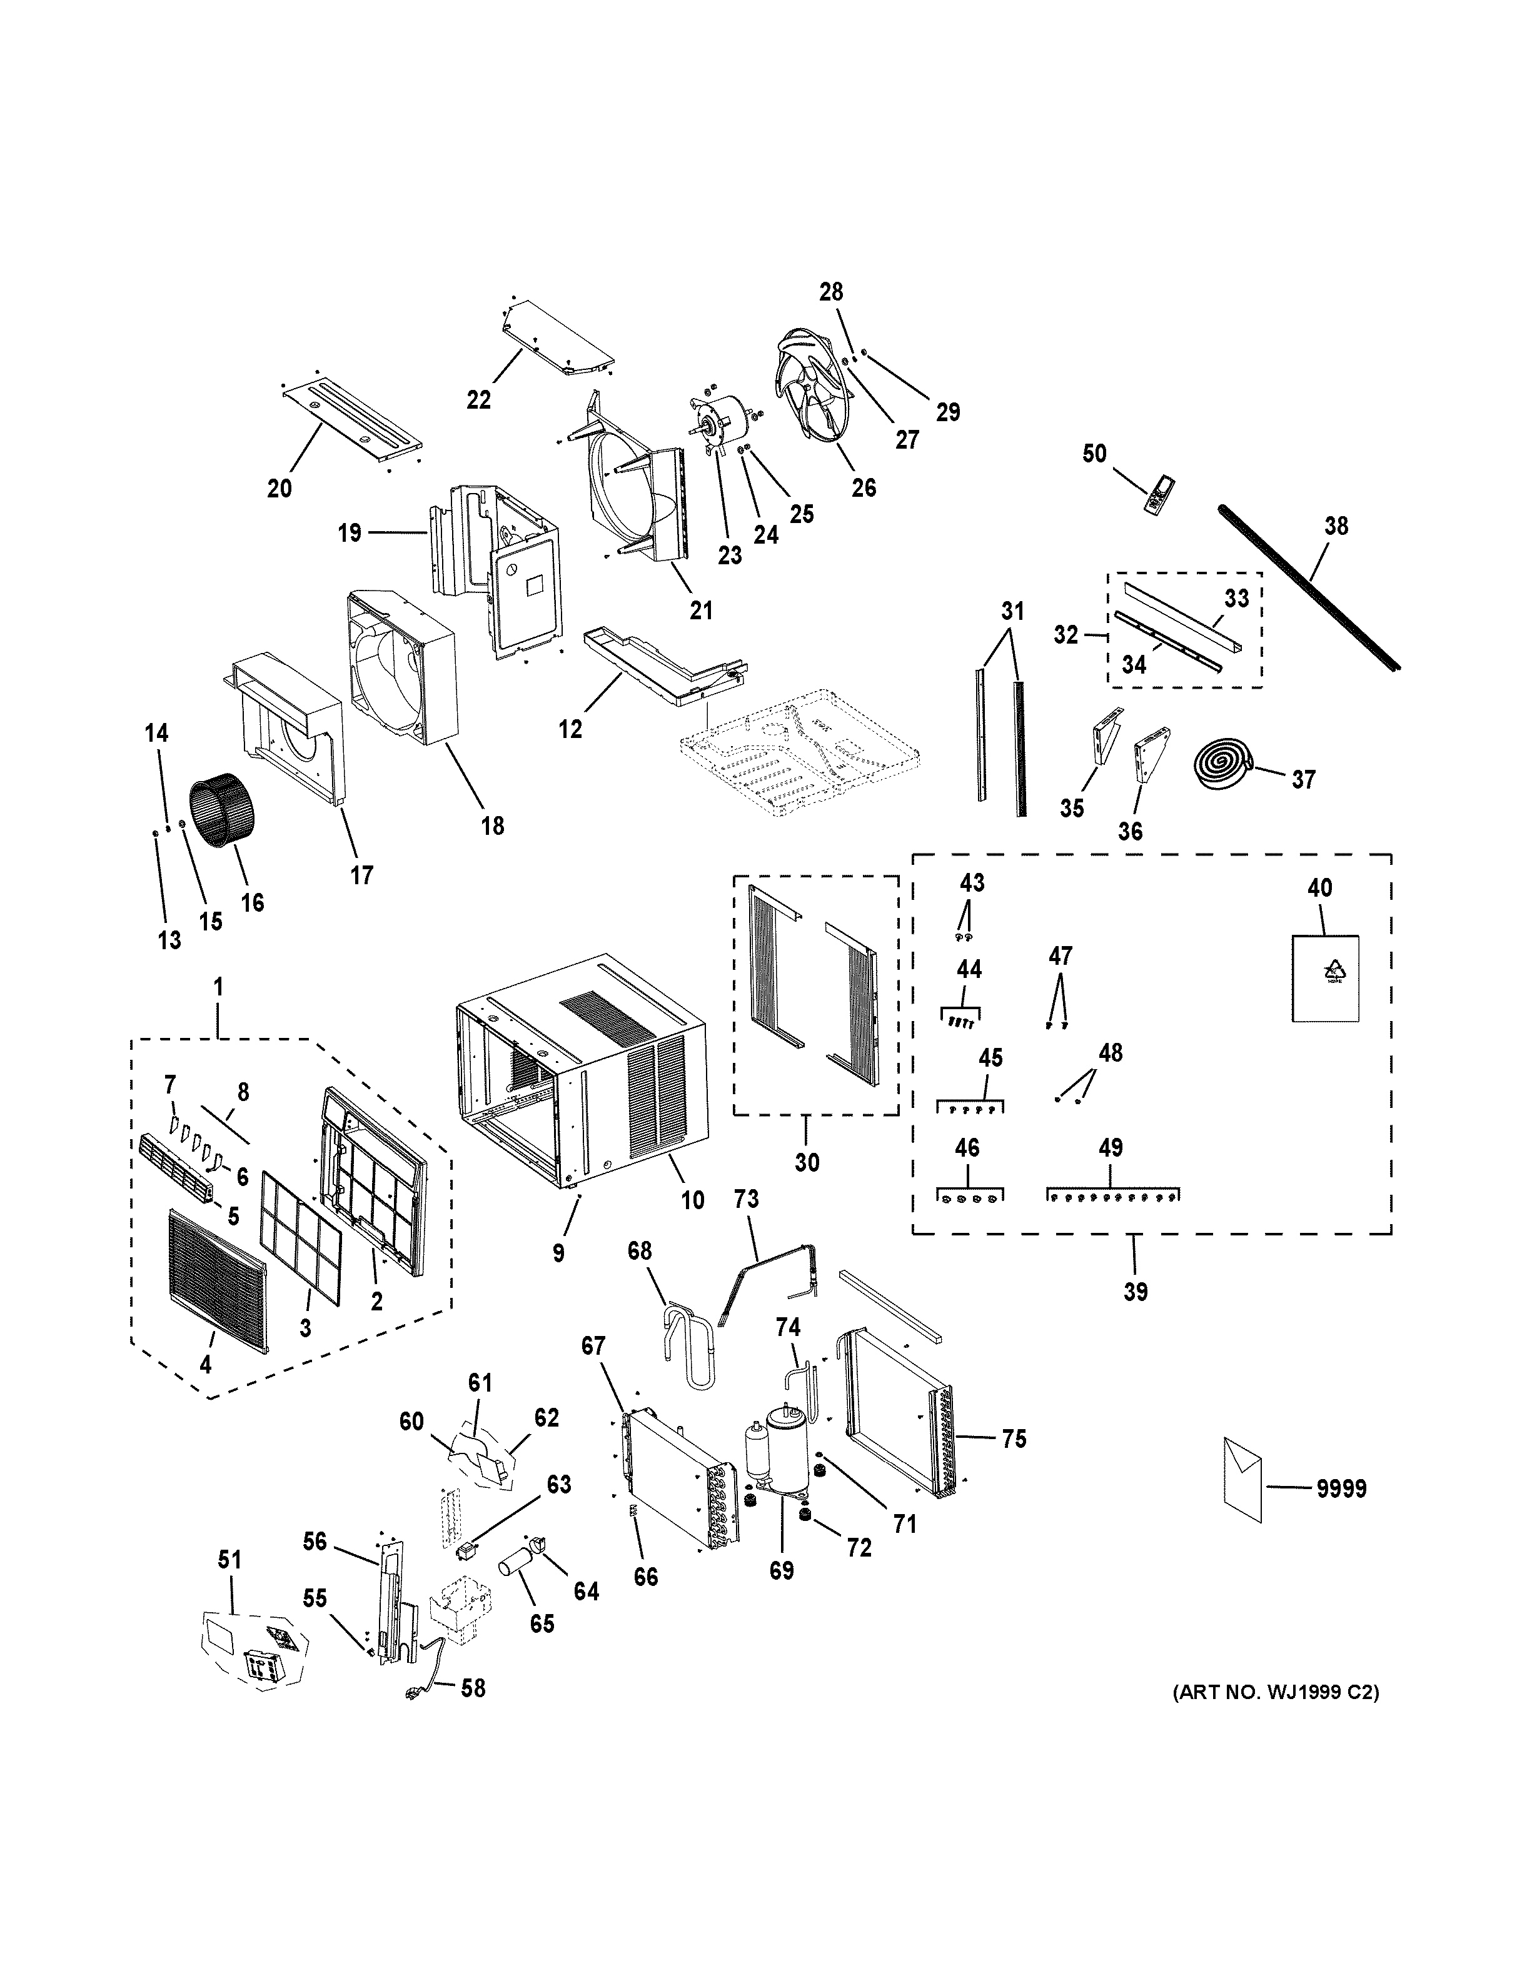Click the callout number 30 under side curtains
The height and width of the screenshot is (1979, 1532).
click(x=806, y=1162)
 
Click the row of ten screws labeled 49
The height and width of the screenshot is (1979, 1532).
click(x=1115, y=1197)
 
